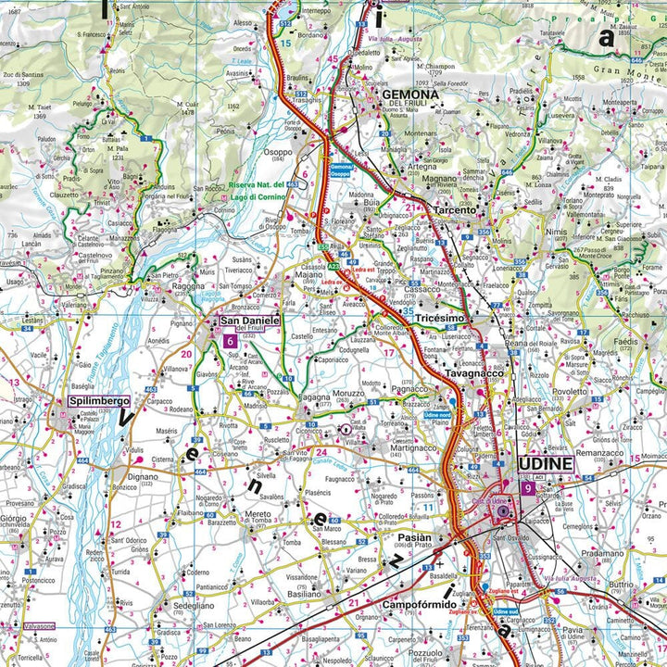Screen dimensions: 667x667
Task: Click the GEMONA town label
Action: pos(408,94)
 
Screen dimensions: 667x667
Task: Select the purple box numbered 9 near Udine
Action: pos(527,488)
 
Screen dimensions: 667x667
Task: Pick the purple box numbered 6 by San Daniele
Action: pos(229,341)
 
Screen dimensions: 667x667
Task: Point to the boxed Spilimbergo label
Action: pos(97,401)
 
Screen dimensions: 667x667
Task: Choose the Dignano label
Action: pos(143,478)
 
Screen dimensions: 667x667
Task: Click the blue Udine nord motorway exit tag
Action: pos(436,417)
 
